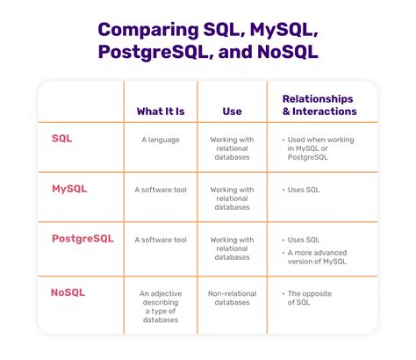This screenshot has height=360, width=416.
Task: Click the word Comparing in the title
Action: point(146,32)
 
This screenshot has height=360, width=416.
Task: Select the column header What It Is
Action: point(160,111)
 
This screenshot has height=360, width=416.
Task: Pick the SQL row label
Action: point(62,140)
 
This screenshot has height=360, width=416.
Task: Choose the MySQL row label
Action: point(69,189)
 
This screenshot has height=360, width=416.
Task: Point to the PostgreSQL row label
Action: point(82,238)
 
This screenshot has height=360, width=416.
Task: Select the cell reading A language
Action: point(160,140)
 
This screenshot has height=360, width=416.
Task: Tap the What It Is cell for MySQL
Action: point(160,189)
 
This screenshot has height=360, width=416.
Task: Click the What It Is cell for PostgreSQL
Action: point(160,239)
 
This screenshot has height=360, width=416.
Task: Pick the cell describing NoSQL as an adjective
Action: point(160,303)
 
